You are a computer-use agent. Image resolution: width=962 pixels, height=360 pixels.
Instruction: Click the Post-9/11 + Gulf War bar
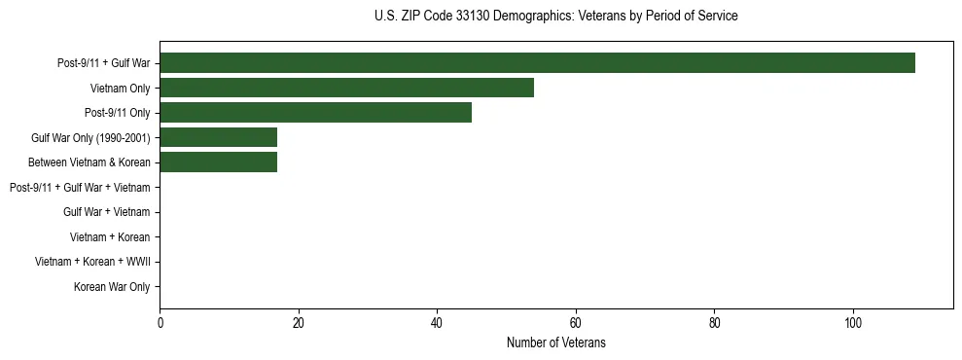[x=537, y=63]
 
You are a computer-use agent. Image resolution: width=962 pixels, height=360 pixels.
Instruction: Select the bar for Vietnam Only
[x=346, y=88]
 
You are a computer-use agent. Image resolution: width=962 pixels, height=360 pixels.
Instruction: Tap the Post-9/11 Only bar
[x=315, y=113]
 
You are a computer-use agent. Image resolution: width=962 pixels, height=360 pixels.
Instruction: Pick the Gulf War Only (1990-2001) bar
[x=218, y=137]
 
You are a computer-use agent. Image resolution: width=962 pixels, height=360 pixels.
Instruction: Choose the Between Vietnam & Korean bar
[x=218, y=162]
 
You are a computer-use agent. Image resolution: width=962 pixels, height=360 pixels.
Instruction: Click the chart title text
[x=555, y=17]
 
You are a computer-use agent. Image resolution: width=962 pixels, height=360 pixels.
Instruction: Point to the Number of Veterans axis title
[x=555, y=342]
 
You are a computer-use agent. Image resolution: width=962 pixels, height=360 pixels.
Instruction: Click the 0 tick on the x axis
[x=160, y=324]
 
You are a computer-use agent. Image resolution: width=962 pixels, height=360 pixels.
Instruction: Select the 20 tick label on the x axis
[x=299, y=324]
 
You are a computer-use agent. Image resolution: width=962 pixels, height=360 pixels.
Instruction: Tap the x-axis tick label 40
[x=437, y=324]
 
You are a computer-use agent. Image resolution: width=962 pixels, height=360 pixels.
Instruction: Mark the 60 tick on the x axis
[x=576, y=324]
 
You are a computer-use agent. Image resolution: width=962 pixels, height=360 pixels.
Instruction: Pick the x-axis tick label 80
[x=714, y=324]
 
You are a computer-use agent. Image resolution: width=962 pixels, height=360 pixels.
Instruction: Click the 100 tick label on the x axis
[x=853, y=324]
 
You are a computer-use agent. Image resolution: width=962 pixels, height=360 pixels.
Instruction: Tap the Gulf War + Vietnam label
[x=107, y=212]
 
